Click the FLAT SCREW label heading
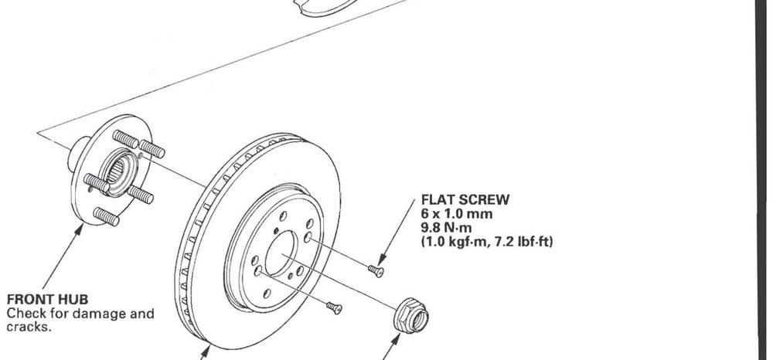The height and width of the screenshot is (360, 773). [x=465, y=200]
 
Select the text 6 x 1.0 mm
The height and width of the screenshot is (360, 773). [x=457, y=214]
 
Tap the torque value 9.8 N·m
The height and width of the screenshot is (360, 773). [x=447, y=228]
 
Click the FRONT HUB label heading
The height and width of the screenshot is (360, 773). [x=47, y=300]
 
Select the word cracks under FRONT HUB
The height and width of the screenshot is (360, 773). [x=28, y=327]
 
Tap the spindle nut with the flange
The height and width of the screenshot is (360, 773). [x=411, y=316]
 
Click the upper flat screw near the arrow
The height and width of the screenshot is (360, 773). [x=376, y=270]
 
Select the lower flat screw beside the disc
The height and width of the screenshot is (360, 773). [x=334, y=307]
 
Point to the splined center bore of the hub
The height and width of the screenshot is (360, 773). [x=117, y=172]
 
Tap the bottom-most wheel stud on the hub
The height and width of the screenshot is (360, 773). [x=106, y=216]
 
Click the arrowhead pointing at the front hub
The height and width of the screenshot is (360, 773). [x=79, y=229]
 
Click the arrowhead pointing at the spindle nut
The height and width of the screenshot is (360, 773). [x=397, y=339]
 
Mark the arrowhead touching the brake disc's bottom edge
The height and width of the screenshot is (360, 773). [x=207, y=351]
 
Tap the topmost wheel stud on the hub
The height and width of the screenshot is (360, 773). [x=126, y=139]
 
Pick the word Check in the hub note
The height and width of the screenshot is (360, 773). [x=26, y=313]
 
